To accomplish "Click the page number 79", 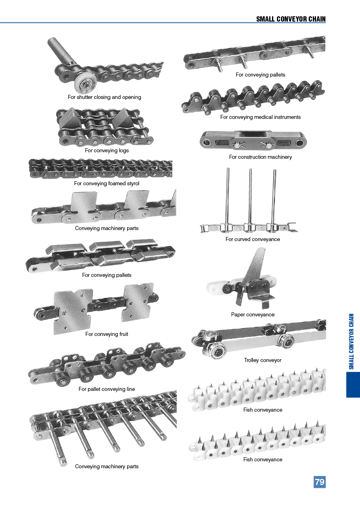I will click(x=320, y=482).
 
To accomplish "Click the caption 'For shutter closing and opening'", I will click(x=104, y=97).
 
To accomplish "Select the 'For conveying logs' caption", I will click(x=107, y=151).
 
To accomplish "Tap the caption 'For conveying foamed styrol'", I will click(x=107, y=184).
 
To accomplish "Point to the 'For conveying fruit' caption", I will click(x=107, y=334).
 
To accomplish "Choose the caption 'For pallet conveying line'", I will click(x=107, y=389).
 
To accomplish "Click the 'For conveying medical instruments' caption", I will click(x=260, y=117).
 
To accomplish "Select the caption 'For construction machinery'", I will click(x=260, y=157).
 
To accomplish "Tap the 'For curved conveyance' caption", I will click(x=252, y=239).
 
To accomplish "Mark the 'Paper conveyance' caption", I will click(x=252, y=315).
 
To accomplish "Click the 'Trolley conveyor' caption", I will click(x=263, y=360).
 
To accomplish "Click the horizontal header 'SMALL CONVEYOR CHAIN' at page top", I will click(x=291, y=19).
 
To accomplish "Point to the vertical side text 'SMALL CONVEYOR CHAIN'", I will click(x=351, y=341).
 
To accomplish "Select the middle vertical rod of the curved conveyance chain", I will click(x=250, y=195).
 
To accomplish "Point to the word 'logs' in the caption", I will click(x=123, y=151).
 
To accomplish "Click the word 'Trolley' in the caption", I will click(x=253, y=360).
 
